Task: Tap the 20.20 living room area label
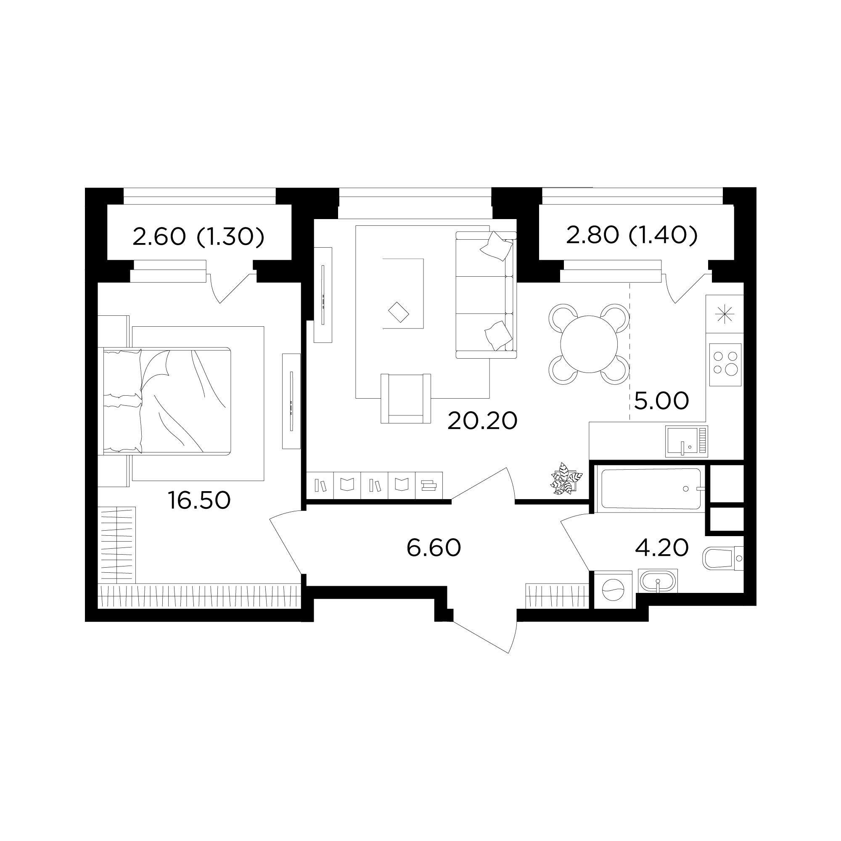482,420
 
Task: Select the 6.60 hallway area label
434,547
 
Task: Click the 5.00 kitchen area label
661,400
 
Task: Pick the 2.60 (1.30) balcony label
198,237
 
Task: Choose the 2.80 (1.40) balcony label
632,235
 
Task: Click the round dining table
589,344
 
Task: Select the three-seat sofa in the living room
486,295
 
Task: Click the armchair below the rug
406,398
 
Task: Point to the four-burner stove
725,365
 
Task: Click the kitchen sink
687,442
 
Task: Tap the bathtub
651,488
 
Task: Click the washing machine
613,590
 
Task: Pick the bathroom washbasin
658,581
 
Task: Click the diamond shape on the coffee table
398,312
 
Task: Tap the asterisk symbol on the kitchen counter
725,314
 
